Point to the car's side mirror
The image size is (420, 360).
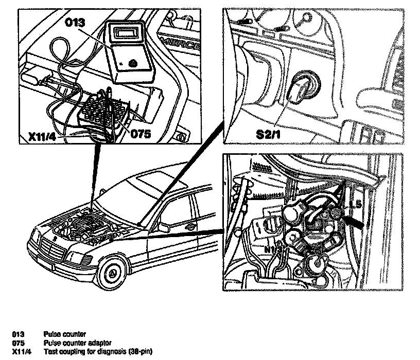click(x=163, y=227)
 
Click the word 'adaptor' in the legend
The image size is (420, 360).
click(x=101, y=343)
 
